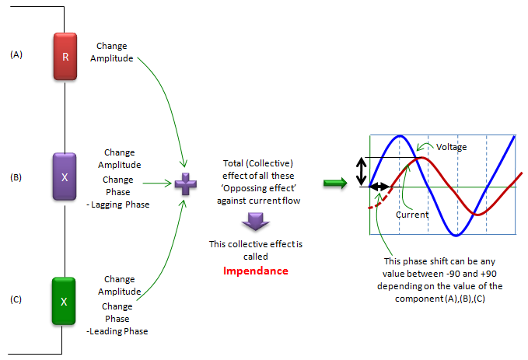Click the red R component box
tap(65, 56)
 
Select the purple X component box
tap(65, 177)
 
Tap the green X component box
tap(64, 301)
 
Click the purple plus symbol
tap(186, 183)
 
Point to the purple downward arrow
tap(256, 222)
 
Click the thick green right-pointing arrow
tap(335, 183)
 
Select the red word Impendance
tap(256, 271)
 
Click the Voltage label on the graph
tap(451, 147)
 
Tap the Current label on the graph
tap(412, 215)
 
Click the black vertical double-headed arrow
tap(362, 171)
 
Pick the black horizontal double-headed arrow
tap(379, 187)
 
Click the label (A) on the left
tap(16, 54)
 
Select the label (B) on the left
tap(16, 177)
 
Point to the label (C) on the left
tap(16, 299)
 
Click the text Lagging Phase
tap(121, 204)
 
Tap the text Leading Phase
tap(118, 331)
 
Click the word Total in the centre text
tap(233, 163)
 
